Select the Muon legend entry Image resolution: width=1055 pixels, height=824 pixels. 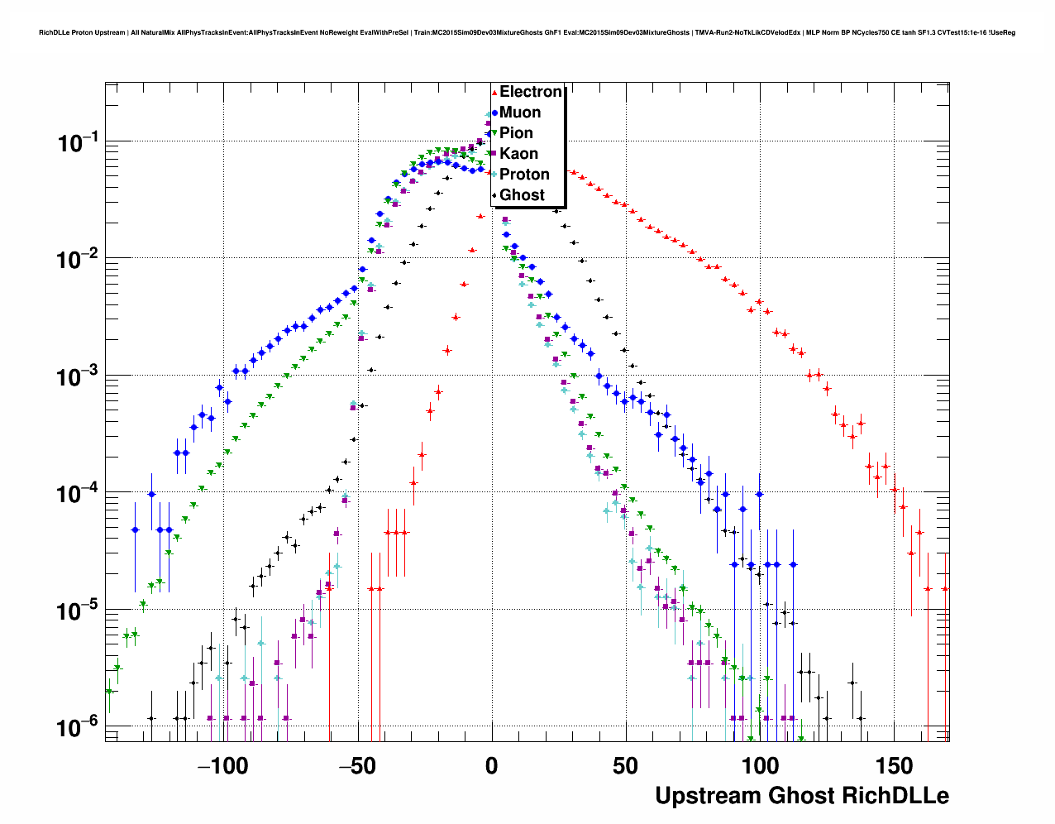[x=520, y=113]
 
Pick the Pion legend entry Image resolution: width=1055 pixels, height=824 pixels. [x=516, y=133]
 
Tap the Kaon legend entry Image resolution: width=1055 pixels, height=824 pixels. [x=518, y=154]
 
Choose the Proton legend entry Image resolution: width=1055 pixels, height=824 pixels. [x=524, y=175]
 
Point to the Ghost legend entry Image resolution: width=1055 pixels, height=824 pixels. [x=522, y=195]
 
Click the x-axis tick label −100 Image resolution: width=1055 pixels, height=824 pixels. [x=222, y=766]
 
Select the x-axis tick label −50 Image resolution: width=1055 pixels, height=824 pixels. [x=357, y=766]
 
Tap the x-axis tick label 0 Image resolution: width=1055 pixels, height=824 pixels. [x=492, y=766]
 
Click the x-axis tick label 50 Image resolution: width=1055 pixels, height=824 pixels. [x=626, y=766]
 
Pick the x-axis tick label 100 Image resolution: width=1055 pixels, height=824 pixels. [x=760, y=766]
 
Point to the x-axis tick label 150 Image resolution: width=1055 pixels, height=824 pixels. [x=895, y=766]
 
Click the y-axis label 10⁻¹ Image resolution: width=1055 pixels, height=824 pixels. [x=78, y=143]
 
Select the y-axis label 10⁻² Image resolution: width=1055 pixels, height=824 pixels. [x=78, y=260]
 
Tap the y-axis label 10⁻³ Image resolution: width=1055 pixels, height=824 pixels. [x=78, y=377]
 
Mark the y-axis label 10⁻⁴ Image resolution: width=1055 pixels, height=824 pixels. [x=78, y=494]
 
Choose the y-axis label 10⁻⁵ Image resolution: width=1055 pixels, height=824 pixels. [x=78, y=611]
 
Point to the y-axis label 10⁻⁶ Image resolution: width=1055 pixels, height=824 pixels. [x=78, y=728]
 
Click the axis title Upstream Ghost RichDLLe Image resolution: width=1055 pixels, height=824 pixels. [x=802, y=796]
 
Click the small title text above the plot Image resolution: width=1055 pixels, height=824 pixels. [x=527, y=33]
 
